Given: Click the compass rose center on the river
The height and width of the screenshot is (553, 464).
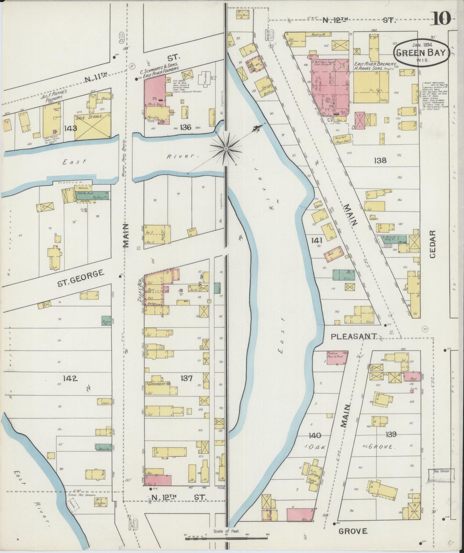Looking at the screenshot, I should (x=226, y=148).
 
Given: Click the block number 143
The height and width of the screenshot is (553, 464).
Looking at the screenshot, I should (x=70, y=128).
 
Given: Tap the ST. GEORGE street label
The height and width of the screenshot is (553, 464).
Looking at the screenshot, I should (x=81, y=278).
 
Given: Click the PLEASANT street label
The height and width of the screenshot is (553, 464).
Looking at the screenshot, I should (x=354, y=336).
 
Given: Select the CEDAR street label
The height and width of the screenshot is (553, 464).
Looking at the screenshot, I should (x=433, y=244).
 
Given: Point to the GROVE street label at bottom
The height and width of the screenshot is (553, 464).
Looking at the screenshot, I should (x=353, y=531).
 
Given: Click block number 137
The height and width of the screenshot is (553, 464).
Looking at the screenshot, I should (x=186, y=378).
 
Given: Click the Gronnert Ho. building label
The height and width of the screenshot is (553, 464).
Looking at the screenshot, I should (x=160, y=384).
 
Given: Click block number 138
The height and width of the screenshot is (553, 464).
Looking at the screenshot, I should (x=380, y=160).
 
